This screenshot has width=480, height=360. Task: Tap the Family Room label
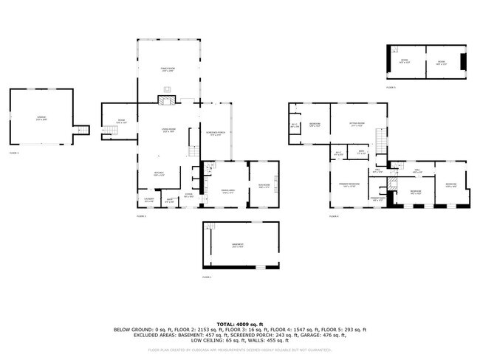tap(168, 69)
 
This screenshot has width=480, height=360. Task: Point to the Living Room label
tap(168, 131)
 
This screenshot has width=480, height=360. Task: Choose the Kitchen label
tap(159, 175)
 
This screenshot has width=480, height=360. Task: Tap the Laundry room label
tap(148, 200)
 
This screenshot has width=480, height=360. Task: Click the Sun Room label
tap(264, 186)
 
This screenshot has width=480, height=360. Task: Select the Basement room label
tap(237, 246)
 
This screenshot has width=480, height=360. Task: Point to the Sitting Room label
tap(357, 125)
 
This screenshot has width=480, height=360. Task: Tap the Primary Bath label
tap(377, 199)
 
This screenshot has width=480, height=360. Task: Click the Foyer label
tap(188, 195)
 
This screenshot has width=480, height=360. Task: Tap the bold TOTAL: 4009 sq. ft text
tap(239, 324)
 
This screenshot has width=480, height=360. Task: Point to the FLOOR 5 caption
tap(391, 86)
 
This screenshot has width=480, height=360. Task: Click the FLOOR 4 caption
tap(334, 216)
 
